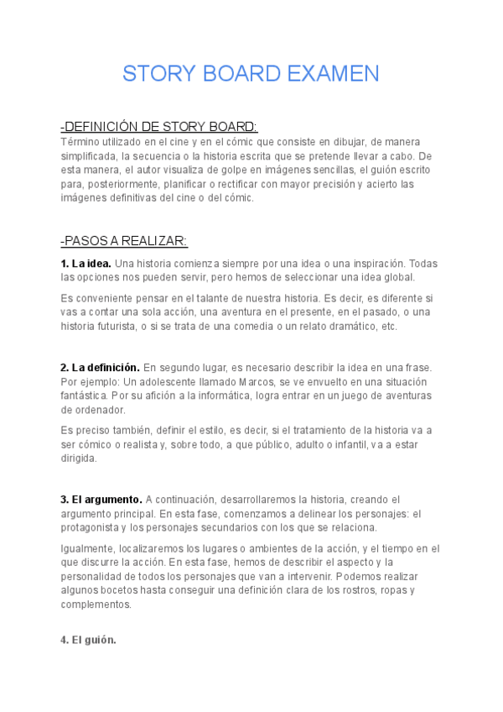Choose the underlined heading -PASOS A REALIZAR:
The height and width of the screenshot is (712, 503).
click(124, 241)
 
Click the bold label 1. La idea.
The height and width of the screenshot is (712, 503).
click(86, 264)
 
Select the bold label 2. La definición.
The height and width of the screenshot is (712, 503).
click(100, 368)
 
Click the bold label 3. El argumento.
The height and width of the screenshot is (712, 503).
click(101, 500)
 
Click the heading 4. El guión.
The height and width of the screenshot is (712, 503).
click(88, 640)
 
